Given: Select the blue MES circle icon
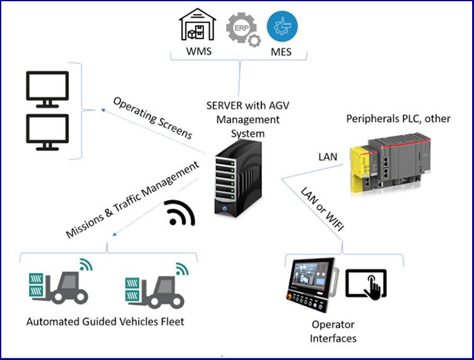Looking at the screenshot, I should pos(283,26).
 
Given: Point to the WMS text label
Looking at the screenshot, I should pos(198,51).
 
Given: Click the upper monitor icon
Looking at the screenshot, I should pos(47,87).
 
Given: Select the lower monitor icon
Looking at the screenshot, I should pos(47,130).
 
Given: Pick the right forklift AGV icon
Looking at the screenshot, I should pos(154,289).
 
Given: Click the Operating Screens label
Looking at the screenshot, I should pos(153,118).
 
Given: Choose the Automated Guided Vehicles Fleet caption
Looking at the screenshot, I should pos(105,322).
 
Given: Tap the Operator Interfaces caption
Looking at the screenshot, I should pos(334,332).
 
